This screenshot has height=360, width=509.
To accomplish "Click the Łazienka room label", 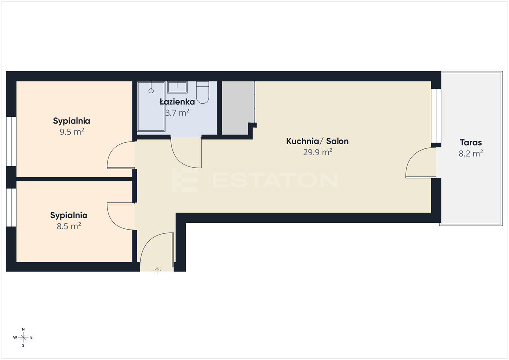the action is (177, 102).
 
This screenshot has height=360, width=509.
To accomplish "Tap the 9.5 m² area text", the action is (72, 132).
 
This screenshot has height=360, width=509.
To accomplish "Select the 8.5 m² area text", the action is (69, 226).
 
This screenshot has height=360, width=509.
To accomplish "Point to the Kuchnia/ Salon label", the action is (318, 141).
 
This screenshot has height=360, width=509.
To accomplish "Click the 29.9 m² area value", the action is (318, 152).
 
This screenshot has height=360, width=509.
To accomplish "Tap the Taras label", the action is (471, 142).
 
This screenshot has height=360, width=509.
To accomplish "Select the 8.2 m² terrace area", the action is (471, 153).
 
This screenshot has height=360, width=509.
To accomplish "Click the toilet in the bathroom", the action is (203, 92).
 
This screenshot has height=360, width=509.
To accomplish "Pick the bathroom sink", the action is (177, 87).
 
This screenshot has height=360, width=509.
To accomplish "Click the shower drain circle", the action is (151, 90).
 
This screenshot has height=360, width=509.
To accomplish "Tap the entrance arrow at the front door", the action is (157, 270).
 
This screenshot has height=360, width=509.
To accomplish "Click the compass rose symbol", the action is (23, 337).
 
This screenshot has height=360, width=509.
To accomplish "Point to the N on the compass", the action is (23, 329).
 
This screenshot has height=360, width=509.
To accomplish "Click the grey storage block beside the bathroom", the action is (238, 108).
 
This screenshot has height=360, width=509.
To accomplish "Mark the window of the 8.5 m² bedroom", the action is (11, 207).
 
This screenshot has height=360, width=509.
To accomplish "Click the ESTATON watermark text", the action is (274, 180).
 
